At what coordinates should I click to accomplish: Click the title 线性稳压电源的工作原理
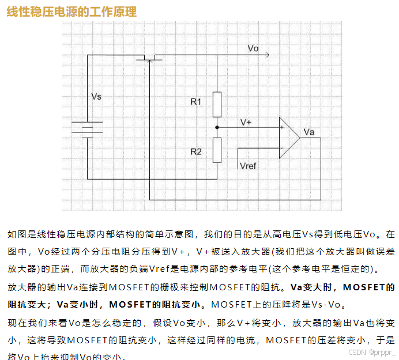pos(71,12)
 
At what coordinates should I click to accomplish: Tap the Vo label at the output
pos(253,48)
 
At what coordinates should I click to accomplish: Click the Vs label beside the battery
pos(96,97)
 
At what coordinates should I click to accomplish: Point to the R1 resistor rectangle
pos(217,104)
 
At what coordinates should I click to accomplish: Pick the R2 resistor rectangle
pos(217,151)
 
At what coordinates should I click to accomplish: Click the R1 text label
pos(196,102)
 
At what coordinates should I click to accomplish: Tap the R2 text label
pos(196,151)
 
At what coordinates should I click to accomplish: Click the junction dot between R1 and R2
pos(217,127)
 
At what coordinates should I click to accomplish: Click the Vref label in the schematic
pos(247,166)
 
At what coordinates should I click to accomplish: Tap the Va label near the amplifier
pos(308,132)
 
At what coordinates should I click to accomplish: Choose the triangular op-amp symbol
pos(288,138)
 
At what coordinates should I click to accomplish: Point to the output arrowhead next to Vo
pos(267,56)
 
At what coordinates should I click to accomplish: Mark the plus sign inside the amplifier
pos(281,128)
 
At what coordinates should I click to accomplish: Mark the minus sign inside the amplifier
pos(281,147)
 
